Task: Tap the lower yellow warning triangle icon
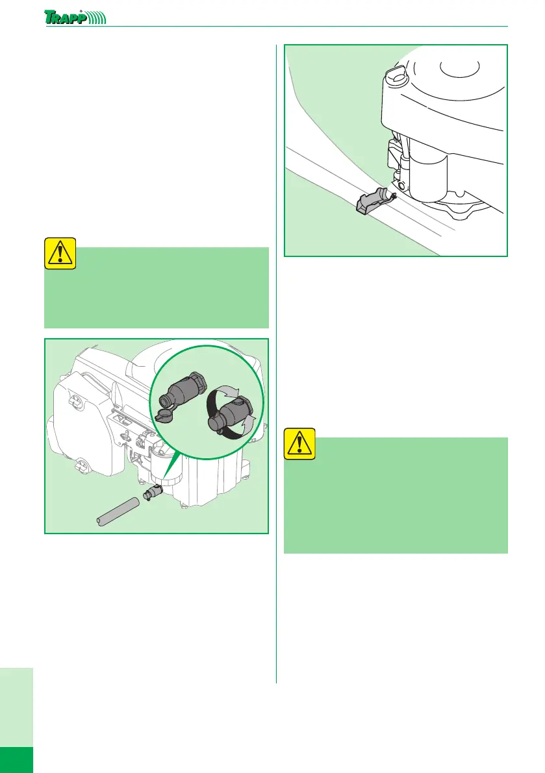[x=299, y=443]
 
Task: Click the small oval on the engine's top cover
[x=455, y=67]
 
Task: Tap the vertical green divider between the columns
[x=277, y=363]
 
